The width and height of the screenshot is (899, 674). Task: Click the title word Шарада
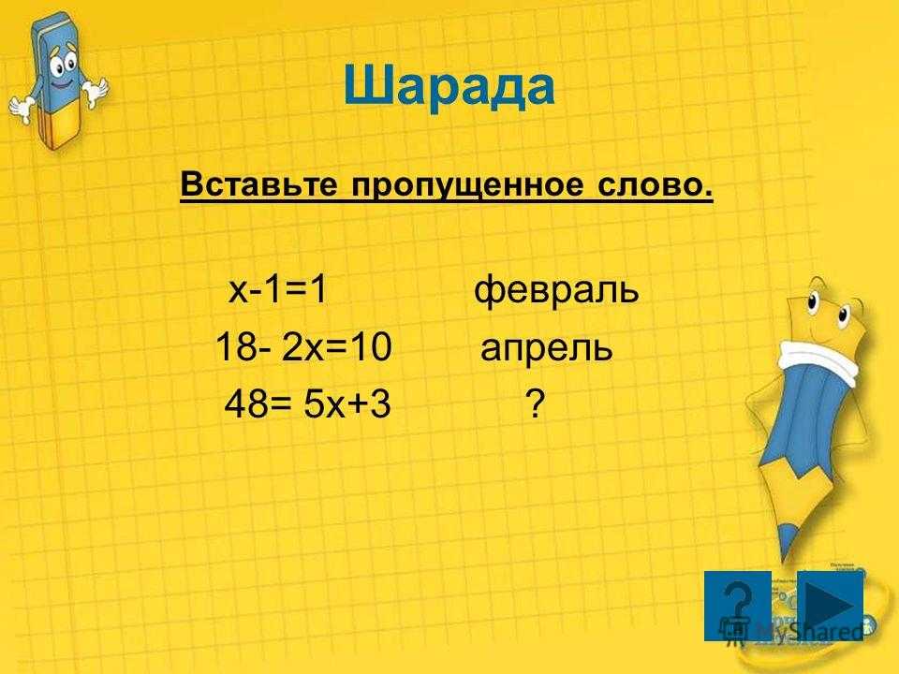click(449, 87)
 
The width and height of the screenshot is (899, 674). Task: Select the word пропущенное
click(467, 185)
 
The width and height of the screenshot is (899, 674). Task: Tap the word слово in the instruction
click(656, 185)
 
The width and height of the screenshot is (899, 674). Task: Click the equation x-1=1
click(278, 289)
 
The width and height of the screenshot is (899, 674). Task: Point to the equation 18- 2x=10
click(303, 346)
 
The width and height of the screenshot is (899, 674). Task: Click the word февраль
click(556, 289)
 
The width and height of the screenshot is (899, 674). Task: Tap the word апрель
click(546, 348)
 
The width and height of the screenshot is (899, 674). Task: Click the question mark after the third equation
click(535, 403)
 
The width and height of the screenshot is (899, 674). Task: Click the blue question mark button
click(737, 606)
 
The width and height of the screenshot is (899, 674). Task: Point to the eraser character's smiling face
click(63, 68)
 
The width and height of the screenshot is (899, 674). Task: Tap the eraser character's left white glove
click(21, 109)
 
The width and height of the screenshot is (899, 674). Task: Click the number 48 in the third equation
click(245, 403)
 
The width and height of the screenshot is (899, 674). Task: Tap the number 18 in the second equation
click(236, 347)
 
